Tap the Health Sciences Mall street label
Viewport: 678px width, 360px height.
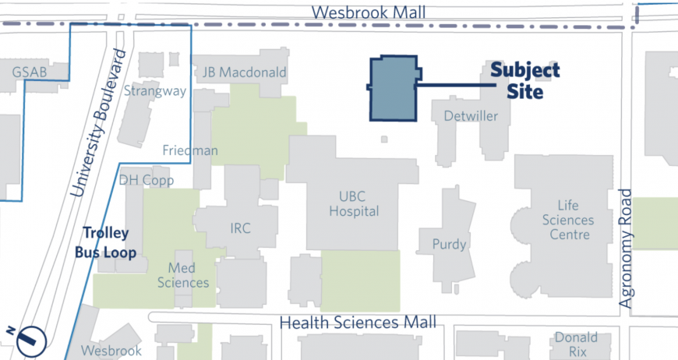point(358,322)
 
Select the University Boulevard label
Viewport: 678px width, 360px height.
point(97,123)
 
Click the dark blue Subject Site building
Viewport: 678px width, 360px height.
point(394,89)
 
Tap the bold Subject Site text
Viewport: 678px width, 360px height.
point(524,81)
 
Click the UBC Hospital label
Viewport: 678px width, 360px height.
point(354,203)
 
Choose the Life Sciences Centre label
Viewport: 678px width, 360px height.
point(568,221)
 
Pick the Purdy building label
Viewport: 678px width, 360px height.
point(450,245)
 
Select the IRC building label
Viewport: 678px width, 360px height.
point(242,228)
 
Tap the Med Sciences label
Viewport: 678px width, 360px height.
point(183,275)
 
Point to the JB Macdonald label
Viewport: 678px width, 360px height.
point(244,72)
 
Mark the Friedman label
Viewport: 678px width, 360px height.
point(190,150)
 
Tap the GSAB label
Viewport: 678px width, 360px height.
point(30,72)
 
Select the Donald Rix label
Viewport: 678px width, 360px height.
point(576,344)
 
